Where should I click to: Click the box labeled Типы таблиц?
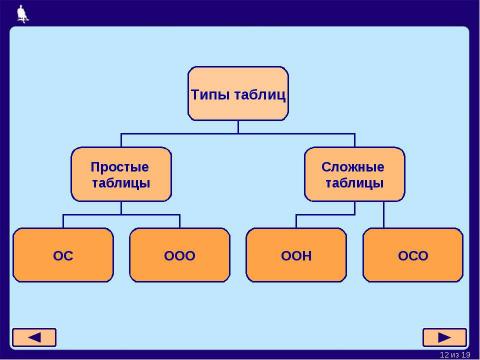(x=238, y=94)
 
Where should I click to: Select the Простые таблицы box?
(x=121, y=174)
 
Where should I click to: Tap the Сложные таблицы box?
(x=353, y=174)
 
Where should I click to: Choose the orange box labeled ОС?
(x=63, y=255)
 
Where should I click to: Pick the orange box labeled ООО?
(x=180, y=255)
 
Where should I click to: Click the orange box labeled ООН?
(x=296, y=255)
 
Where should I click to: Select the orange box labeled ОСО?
(x=412, y=255)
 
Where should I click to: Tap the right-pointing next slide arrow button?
(x=444, y=337)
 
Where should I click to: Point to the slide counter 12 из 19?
(x=455, y=354)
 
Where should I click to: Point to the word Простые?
(x=120, y=165)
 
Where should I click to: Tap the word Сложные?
(x=353, y=165)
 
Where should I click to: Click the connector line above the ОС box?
(x=63, y=221)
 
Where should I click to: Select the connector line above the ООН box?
(x=296, y=221)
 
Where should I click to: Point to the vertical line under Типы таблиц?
(x=238, y=127)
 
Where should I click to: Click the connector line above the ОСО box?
(x=384, y=215)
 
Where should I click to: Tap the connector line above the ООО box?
(x=180, y=221)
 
